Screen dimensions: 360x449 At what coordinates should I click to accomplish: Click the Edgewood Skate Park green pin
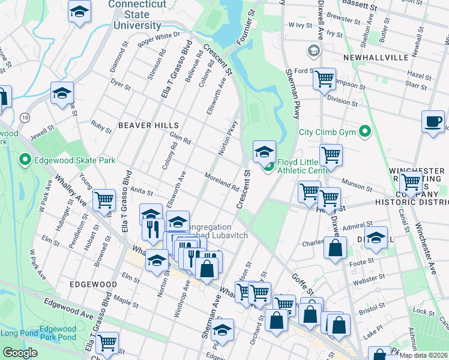(25, 160)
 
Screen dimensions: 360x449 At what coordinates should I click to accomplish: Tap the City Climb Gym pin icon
(364, 131)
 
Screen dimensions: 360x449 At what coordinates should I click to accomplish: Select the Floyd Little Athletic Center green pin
(269, 166)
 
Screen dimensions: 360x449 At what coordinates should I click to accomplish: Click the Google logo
(20, 353)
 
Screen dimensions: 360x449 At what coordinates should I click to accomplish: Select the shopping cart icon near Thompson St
(325, 78)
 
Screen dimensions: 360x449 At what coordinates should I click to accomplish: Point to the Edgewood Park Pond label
(58, 333)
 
